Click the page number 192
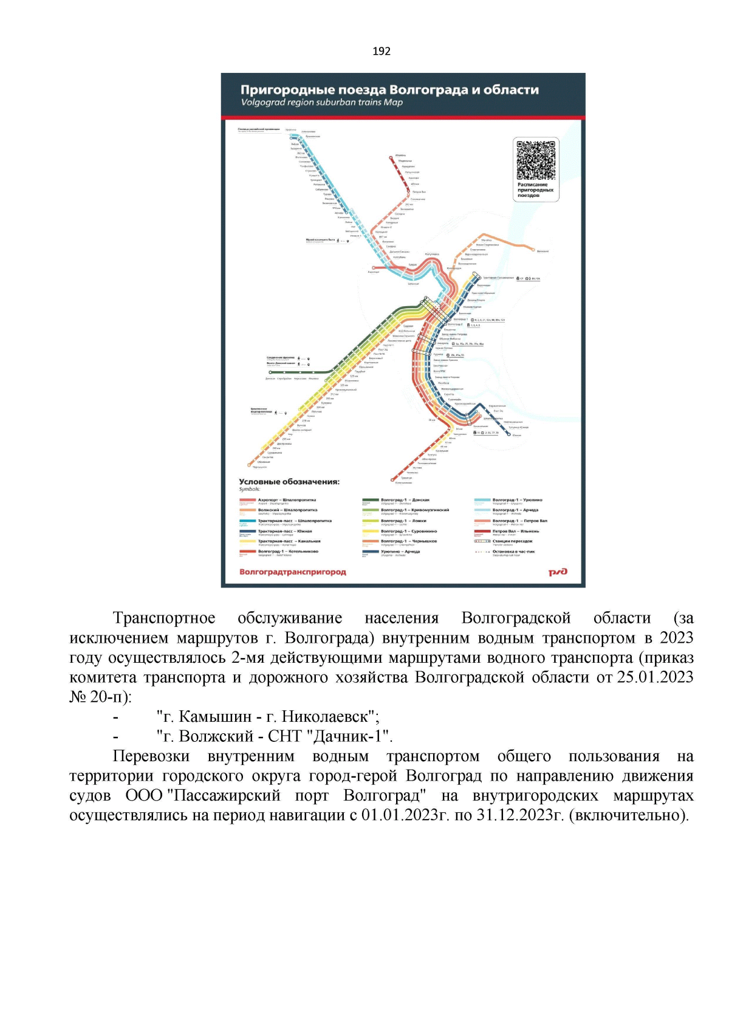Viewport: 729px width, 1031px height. tap(382, 52)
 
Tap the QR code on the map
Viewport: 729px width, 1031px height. tap(536, 160)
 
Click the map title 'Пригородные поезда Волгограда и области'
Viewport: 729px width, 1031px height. tap(389, 90)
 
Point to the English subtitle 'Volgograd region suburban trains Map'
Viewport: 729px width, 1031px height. tap(321, 103)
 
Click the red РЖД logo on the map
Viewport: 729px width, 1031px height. tap(558, 572)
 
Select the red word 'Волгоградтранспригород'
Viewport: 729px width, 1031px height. tap(292, 572)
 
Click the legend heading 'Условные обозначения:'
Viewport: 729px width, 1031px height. tap(289, 482)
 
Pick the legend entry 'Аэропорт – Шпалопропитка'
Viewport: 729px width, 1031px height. tap(287, 500)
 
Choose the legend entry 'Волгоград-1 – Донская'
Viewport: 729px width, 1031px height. tap(405, 500)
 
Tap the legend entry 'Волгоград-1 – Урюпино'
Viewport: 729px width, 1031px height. tap(517, 500)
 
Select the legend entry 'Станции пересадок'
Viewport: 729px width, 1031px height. tap(512, 541)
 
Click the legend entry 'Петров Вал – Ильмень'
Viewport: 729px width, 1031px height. tap(515, 531)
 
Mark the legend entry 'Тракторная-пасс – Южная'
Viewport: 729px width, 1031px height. tap(284, 531)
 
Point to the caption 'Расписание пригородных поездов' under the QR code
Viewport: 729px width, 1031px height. tap(535, 190)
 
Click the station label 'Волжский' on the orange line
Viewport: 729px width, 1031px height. tap(542, 251)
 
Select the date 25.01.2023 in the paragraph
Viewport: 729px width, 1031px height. tap(655, 677)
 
